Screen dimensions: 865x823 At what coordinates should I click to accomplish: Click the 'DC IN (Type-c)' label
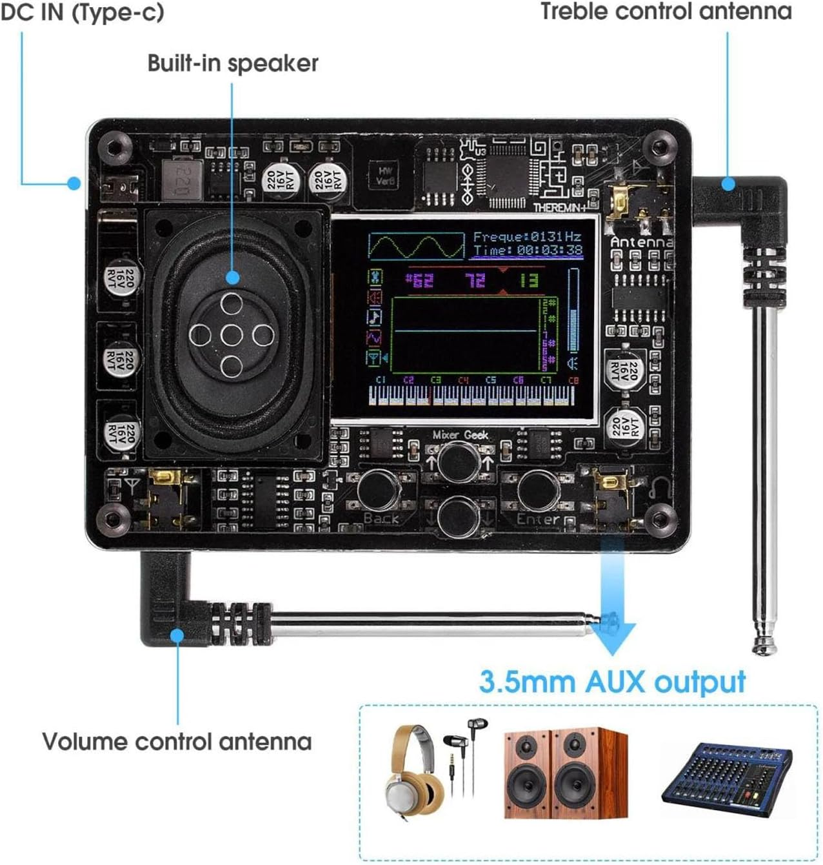click(82, 12)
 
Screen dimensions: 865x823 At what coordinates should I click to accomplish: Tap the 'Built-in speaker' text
click(233, 63)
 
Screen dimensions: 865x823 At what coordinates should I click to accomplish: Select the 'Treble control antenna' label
click(666, 12)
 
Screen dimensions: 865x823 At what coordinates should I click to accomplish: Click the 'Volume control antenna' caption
click(177, 741)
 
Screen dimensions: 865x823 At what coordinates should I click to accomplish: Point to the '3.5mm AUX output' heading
click(612, 682)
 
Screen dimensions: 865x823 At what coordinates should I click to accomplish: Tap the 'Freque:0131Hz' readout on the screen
click(527, 237)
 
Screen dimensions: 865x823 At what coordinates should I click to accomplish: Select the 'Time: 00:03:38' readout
click(527, 250)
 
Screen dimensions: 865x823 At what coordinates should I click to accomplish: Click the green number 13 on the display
click(528, 280)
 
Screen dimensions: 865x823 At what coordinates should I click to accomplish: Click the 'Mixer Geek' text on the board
click(460, 434)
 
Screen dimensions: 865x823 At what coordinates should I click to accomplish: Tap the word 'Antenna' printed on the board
click(640, 242)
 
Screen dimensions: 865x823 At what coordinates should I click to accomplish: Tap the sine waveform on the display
click(416, 246)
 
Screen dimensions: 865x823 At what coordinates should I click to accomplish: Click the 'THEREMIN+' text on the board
click(559, 207)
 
